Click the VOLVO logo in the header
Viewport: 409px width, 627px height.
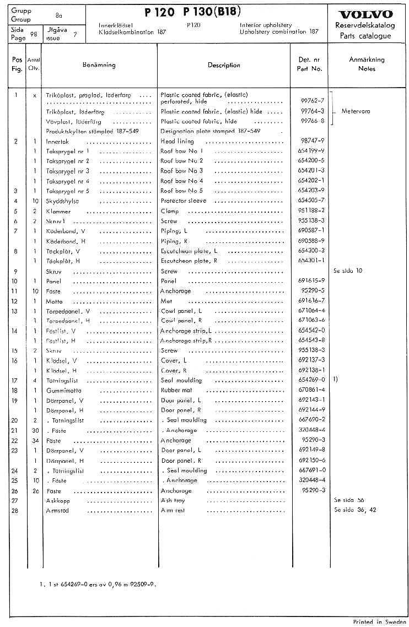366,14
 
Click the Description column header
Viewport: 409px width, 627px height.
224,65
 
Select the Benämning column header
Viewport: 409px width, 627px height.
99,65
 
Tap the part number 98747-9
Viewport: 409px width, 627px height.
311,141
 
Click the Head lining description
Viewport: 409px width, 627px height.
177,141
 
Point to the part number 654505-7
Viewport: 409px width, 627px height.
311,201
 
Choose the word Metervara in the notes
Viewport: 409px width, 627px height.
356,111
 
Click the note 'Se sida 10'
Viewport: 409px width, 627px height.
348,271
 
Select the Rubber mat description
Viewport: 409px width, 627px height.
176,390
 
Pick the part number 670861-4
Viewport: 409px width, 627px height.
311,390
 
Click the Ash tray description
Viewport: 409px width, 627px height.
173,500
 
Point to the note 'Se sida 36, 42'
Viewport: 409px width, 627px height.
355,510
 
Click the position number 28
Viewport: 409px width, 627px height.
17,510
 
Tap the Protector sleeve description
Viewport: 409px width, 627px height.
183,201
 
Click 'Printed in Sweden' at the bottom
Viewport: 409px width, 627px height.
380,621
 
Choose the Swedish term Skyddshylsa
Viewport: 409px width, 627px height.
63,201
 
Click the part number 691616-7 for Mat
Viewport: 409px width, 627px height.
311,301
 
